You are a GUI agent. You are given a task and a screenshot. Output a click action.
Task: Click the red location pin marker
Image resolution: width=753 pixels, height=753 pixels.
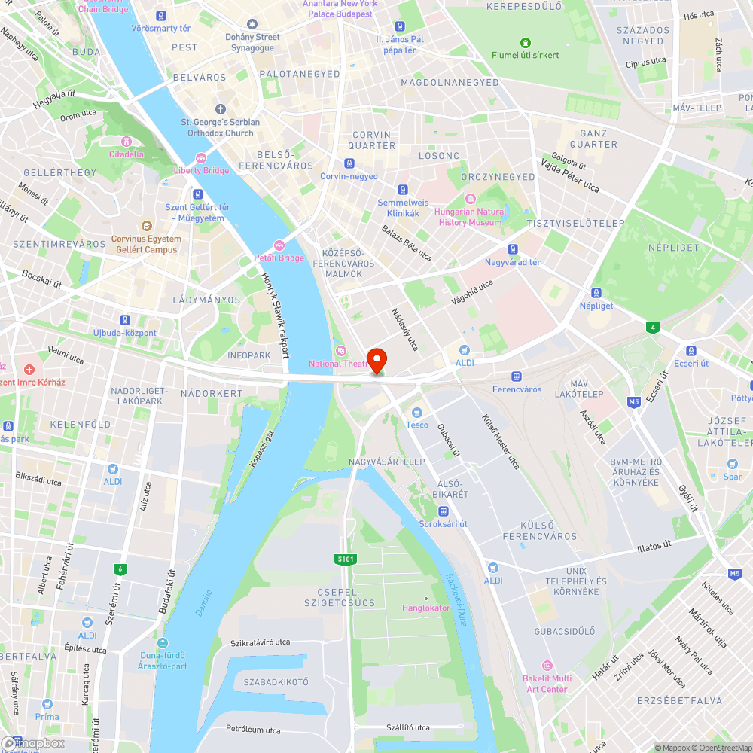tap(376, 360)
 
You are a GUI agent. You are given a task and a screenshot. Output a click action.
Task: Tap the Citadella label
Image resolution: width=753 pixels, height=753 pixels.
tap(126, 154)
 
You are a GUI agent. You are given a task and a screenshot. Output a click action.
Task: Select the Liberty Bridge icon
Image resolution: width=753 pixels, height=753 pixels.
tap(200, 158)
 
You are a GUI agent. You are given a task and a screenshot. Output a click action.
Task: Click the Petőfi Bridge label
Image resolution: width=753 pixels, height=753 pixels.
tap(279, 258)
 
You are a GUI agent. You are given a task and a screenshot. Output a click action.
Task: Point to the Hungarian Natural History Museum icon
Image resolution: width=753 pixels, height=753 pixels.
tap(471, 199)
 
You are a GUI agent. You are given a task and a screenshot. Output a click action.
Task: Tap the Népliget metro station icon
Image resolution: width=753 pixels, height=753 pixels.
tap(596, 293)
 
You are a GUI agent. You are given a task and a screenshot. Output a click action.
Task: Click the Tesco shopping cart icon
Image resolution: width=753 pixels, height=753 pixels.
tap(417, 412)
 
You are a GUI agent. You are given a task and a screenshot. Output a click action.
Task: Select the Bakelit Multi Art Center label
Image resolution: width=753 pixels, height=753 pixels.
tap(547, 684)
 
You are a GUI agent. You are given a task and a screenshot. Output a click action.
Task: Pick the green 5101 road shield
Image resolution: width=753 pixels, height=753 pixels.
tap(346, 559)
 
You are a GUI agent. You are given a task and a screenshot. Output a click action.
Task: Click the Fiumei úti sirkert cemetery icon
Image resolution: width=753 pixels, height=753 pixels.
tap(526, 42)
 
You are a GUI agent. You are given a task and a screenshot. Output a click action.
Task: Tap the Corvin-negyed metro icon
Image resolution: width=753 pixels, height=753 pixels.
tap(349, 163)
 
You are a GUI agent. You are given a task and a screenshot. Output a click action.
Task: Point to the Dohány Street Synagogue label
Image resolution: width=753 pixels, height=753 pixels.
tap(252, 42)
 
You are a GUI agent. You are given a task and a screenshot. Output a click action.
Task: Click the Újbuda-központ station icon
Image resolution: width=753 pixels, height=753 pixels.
tap(124, 319)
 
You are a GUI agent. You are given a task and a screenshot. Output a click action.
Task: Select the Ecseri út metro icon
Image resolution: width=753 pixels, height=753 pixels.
tap(691, 350)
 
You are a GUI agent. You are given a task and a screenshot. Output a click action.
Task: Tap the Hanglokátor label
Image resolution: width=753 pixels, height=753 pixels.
tap(425, 608)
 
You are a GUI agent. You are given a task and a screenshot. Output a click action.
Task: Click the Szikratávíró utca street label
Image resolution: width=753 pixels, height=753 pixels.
tap(261, 642)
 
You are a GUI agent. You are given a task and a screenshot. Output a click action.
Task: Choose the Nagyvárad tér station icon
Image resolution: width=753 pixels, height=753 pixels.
tap(513, 249)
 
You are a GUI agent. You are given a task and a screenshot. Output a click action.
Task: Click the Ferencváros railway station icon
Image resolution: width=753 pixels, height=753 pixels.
tap(517, 376)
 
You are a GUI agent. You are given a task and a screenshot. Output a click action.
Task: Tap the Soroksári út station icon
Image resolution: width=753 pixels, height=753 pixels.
tap(444, 511)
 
